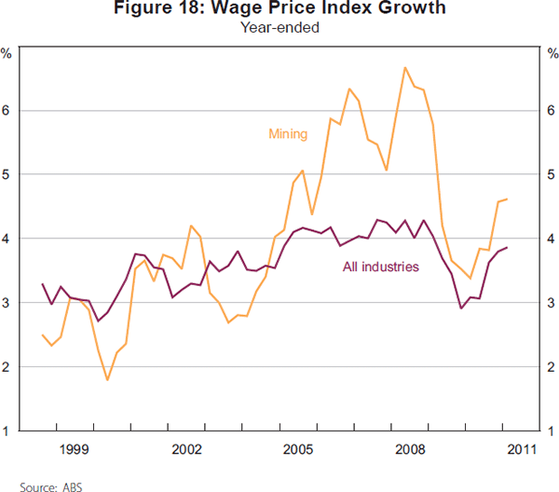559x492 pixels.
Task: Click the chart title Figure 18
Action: [279, 9]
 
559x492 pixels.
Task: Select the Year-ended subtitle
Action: [279, 28]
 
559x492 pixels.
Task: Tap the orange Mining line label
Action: [288, 133]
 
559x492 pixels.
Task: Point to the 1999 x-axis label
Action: [75, 450]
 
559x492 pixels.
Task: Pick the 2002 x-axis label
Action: [187, 450]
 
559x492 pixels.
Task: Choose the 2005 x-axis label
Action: [298, 450]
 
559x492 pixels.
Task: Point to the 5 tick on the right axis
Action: [552, 174]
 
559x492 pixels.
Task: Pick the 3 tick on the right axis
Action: [552, 303]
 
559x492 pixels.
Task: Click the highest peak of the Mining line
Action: [405, 67]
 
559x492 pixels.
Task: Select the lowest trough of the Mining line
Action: [107, 380]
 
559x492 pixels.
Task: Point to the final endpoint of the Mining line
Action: [507, 199]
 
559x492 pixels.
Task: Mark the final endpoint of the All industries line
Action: [507, 248]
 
